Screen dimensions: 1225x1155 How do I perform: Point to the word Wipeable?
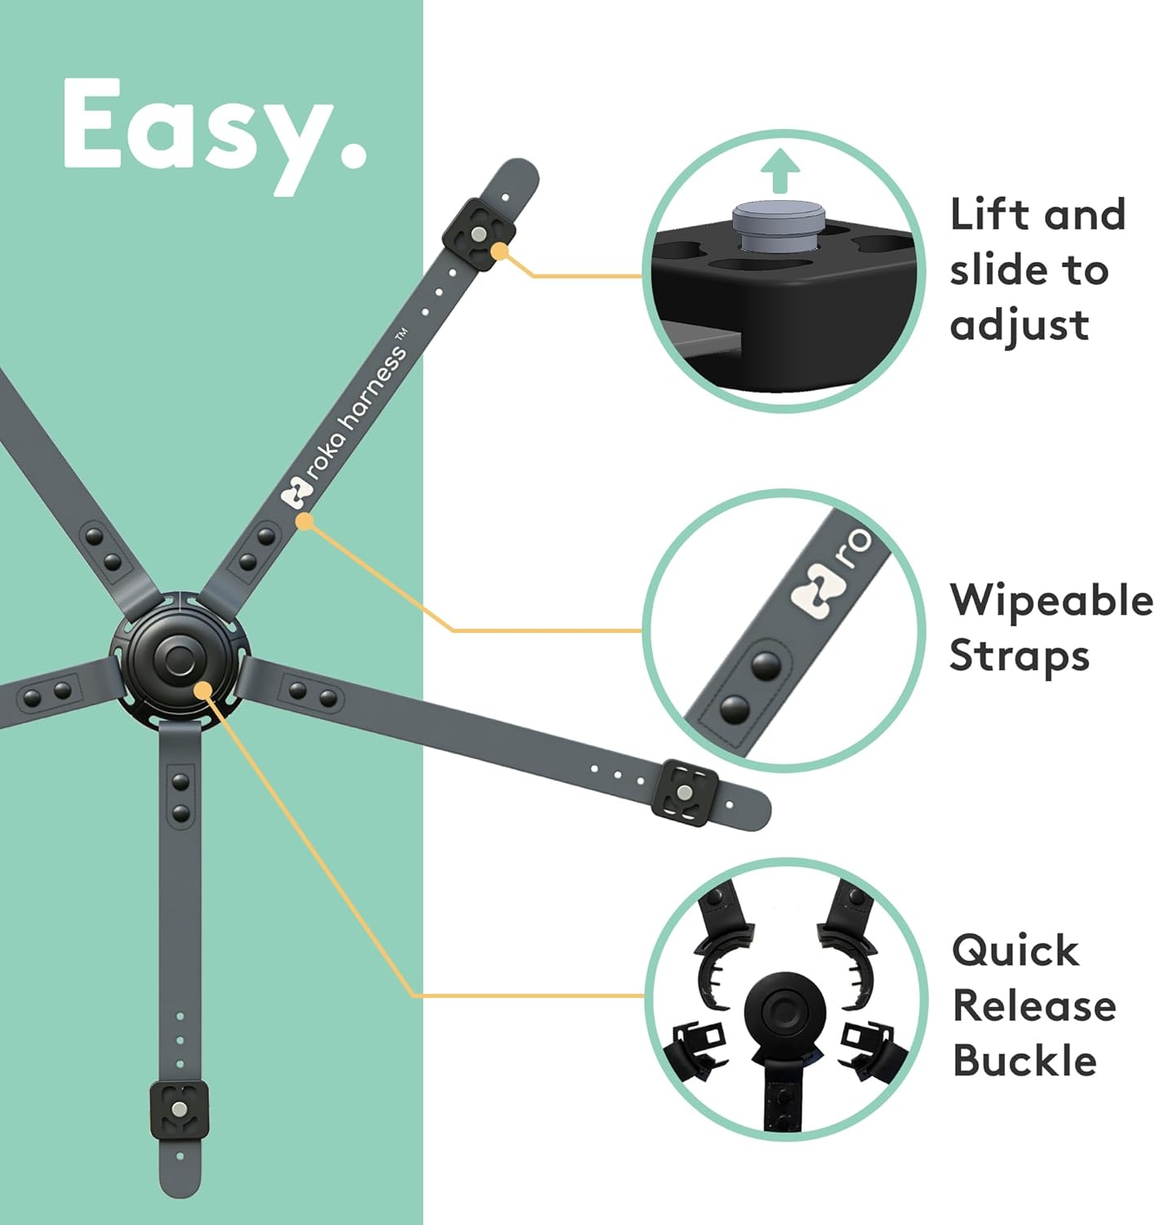pos(1051,601)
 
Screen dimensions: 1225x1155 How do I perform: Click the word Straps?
pos(1020,657)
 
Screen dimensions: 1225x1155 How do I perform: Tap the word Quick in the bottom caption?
pos(1015,951)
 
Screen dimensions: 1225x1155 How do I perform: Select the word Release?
pos(1034,1006)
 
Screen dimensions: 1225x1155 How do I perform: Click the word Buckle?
pos(1024,1061)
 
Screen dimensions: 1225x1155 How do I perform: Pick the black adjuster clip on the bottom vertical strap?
pos(180,1109)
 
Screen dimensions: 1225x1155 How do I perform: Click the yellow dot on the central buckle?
pos(202,691)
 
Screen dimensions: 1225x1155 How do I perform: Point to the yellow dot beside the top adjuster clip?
pos(500,252)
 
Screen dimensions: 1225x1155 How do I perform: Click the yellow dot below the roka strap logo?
pos(304,520)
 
